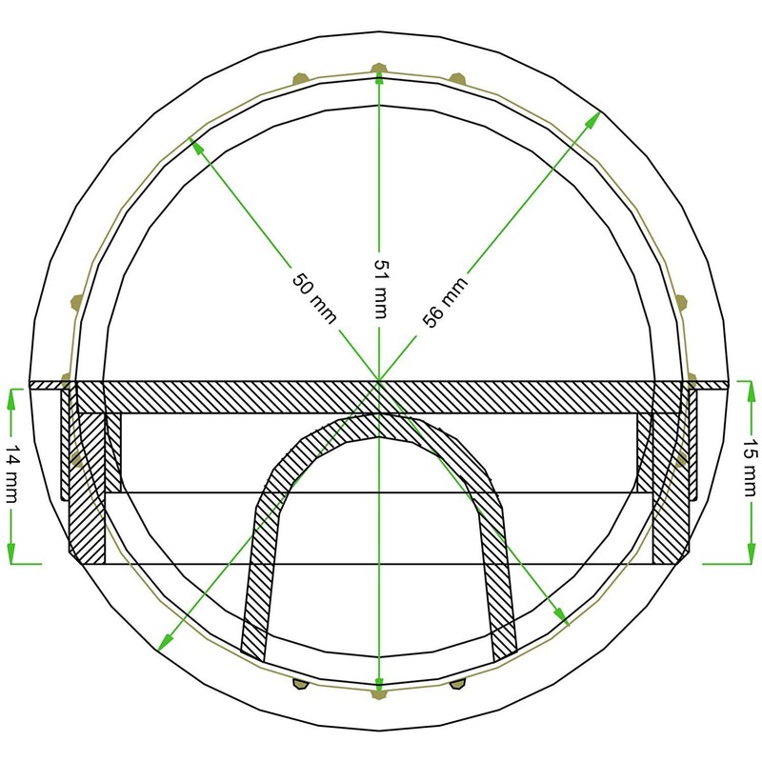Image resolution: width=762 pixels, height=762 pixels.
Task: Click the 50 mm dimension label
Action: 314,298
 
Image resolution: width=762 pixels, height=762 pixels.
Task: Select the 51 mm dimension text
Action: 380,290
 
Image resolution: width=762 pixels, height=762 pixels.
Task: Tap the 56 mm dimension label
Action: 445,303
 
